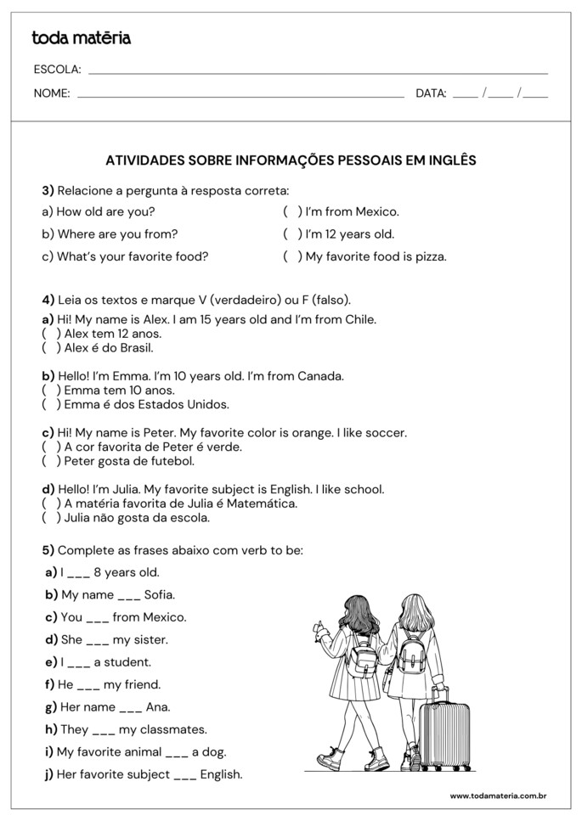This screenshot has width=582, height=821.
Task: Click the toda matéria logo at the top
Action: pyautogui.click(x=81, y=38)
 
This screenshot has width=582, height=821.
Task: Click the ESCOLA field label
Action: pyautogui.click(x=57, y=70)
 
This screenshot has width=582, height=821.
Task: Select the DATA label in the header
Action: pyautogui.click(x=431, y=93)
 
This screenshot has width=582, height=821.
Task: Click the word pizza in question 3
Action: pyautogui.click(x=428, y=256)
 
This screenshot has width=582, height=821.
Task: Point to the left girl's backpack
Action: pyautogui.click(x=363, y=655)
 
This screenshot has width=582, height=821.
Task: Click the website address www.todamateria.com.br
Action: pyautogui.click(x=497, y=796)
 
